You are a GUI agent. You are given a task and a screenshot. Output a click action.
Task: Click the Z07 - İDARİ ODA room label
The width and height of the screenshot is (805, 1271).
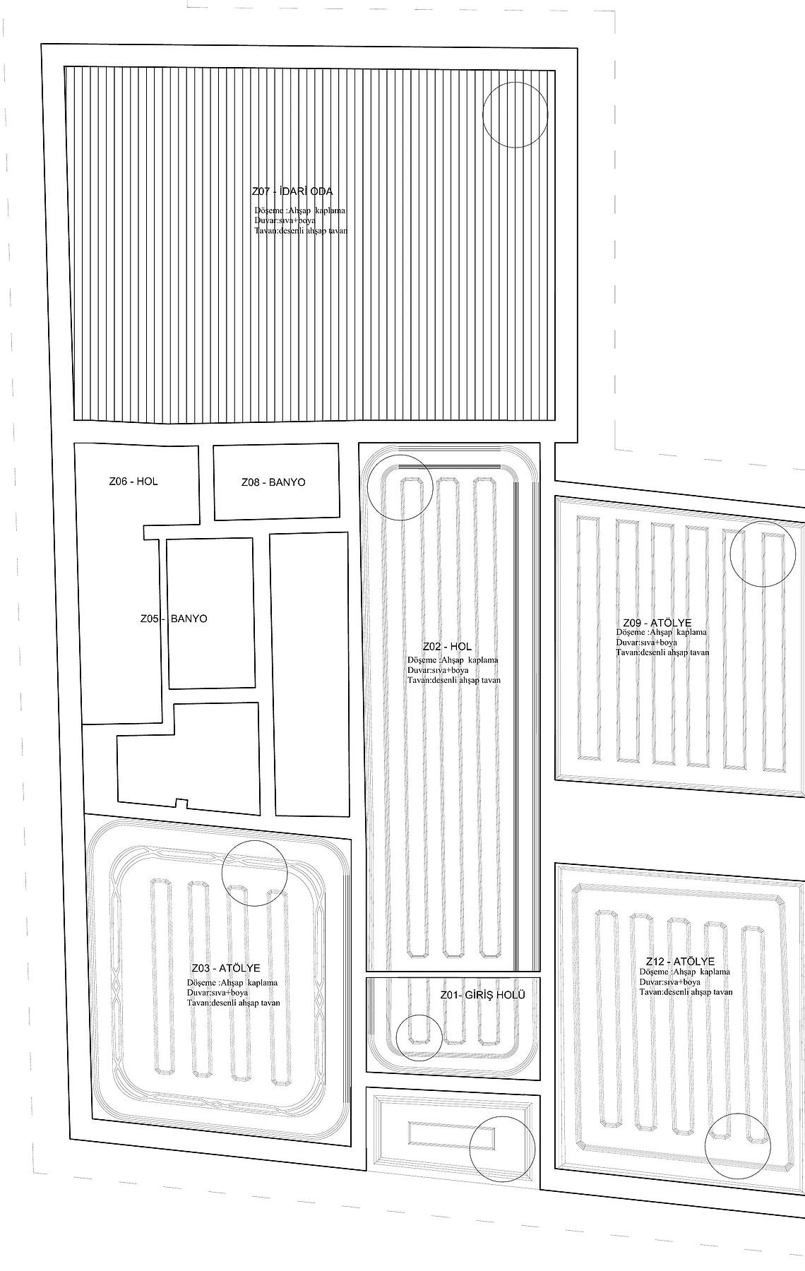coord(292,191)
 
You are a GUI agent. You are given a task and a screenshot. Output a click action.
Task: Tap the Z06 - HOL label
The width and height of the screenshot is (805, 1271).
coord(133,482)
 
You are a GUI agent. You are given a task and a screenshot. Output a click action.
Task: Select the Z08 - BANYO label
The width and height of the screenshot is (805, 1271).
coord(273,482)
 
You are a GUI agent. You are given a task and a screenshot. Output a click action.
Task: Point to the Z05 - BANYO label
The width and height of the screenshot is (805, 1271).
coord(174,619)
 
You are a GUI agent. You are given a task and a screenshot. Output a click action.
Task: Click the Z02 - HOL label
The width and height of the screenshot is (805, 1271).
coord(447,647)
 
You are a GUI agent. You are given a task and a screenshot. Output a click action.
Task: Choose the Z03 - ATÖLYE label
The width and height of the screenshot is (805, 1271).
coord(226,968)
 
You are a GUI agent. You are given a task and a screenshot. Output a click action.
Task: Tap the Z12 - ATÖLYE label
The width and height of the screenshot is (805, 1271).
coord(680,962)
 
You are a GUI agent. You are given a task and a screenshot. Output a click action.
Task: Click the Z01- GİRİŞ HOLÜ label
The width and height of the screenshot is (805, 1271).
coord(483,995)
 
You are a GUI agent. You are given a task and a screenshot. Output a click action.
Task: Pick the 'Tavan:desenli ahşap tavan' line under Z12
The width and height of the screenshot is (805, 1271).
coord(686,992)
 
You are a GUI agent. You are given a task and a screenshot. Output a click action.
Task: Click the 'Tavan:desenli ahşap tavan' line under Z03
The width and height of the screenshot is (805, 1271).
coord(234,1003)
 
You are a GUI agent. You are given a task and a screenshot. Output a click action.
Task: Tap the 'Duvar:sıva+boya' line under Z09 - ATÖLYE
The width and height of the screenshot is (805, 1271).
coord(646,643)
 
